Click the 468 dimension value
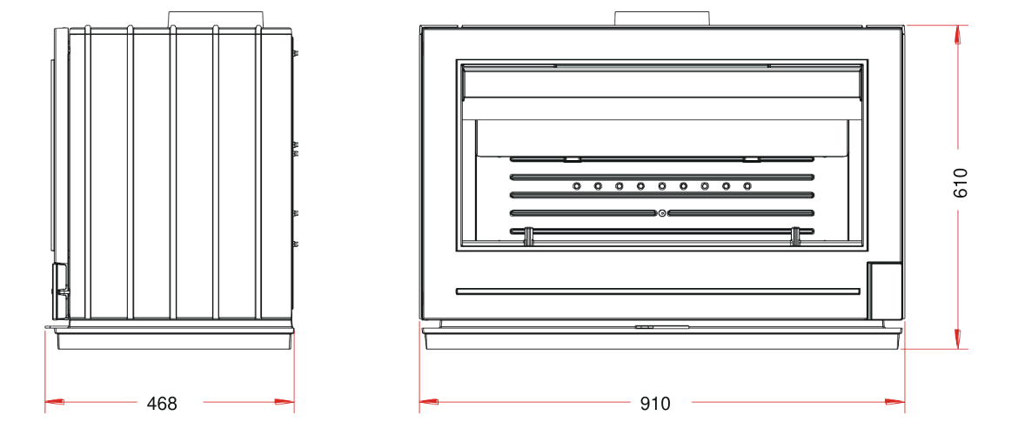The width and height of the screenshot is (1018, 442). click(162, 404)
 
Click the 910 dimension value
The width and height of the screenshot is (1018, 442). click(655, 404)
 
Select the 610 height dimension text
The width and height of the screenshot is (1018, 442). click(961, 183)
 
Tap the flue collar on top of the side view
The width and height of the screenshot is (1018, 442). click(216, 18)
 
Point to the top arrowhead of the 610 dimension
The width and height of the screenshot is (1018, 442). click(958, 35)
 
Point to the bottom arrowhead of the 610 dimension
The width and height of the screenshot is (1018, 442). click(958, 338)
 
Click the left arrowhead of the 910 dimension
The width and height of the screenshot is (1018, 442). click(429, 402)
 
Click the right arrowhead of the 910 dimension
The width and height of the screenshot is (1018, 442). click(895, 402)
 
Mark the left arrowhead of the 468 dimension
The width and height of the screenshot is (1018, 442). click(55, 402)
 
